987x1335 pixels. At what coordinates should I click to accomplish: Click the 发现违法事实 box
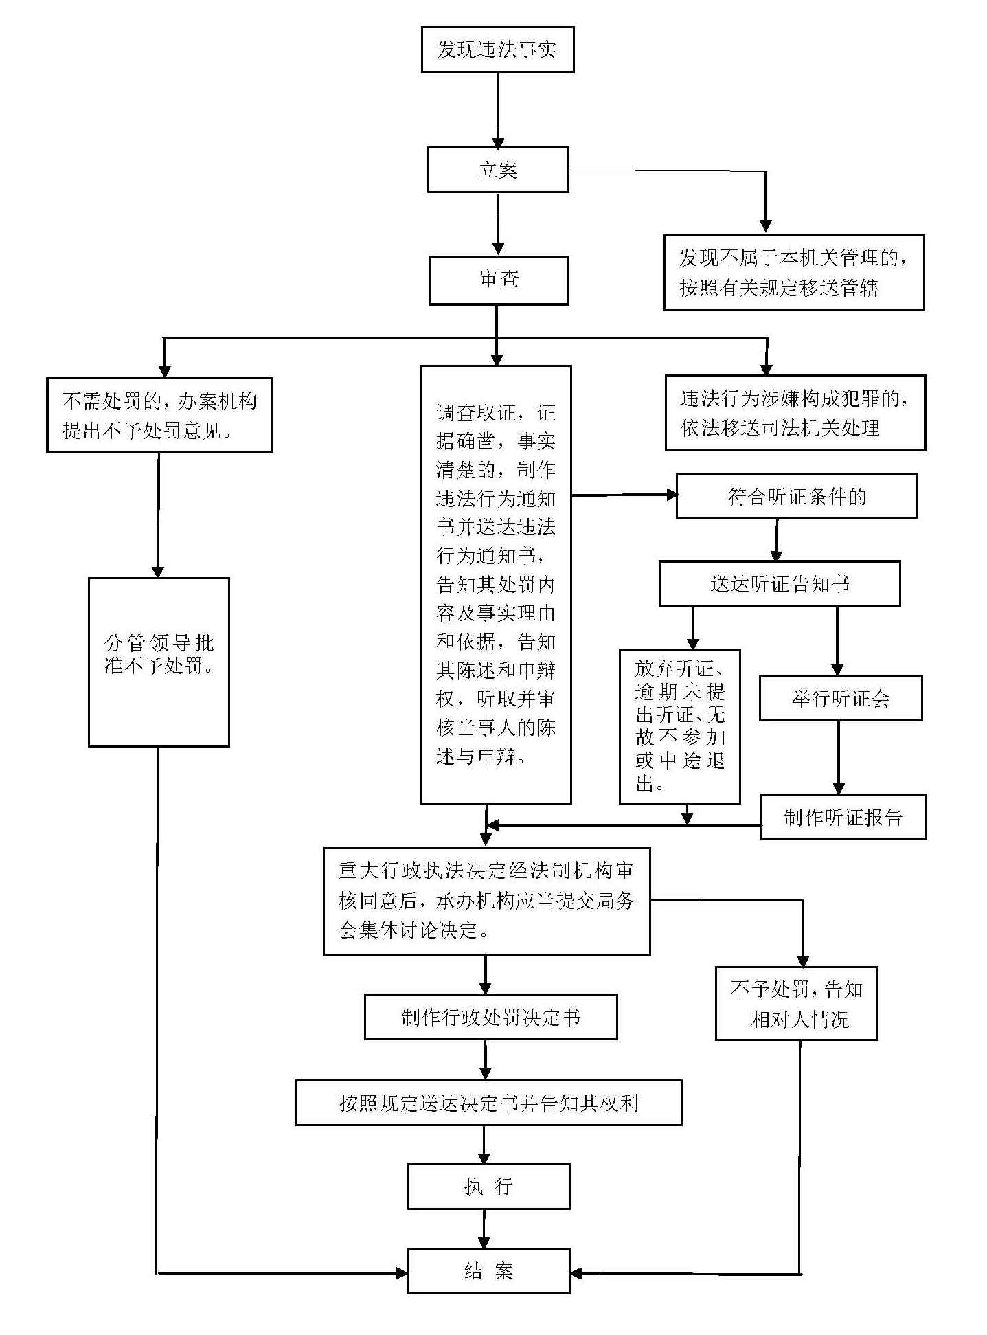[497, 49]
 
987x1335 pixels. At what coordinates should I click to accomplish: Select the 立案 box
[497, 170]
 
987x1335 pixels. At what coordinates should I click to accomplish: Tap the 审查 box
[498, 280]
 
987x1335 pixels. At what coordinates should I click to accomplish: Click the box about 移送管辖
[793, 273]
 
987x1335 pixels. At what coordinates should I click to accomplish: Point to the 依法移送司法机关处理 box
[795, 413]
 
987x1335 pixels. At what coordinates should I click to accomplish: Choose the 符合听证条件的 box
[796, 496]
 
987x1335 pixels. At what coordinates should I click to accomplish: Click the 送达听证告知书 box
[779, 584]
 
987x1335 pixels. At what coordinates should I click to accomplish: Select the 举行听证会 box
[839, 699]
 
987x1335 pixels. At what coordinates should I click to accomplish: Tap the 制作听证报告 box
[843, 817]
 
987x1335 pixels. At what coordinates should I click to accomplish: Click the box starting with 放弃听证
[679, 726]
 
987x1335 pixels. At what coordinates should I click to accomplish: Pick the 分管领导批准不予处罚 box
[159, 662]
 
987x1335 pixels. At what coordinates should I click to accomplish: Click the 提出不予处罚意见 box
[159, 415]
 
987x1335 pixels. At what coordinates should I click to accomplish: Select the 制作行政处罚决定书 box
[490, 1017]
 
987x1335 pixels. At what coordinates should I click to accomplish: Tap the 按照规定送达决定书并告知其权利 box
[488, 1103]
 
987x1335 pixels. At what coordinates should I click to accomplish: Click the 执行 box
[488, 1187]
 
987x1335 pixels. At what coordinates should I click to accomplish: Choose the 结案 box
[488, 1271]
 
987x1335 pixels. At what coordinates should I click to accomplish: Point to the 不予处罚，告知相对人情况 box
[796, 1003]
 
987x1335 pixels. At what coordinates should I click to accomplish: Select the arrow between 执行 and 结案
[484, 1229]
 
